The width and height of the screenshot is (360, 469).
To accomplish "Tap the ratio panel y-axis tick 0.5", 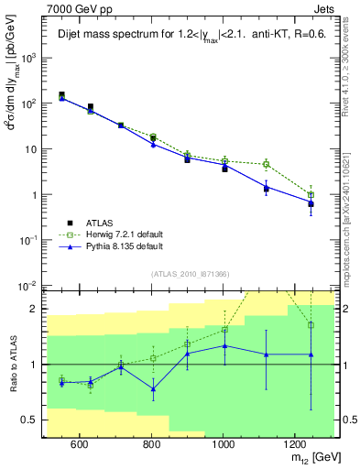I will (31, 420).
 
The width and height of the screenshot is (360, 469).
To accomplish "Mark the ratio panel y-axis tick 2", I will (36, 309).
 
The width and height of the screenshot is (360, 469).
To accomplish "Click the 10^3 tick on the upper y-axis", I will (28, 57).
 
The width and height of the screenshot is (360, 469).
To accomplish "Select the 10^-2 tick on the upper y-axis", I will (28, 286).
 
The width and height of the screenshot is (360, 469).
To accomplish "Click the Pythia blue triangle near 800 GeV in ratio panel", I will (153, 389).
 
